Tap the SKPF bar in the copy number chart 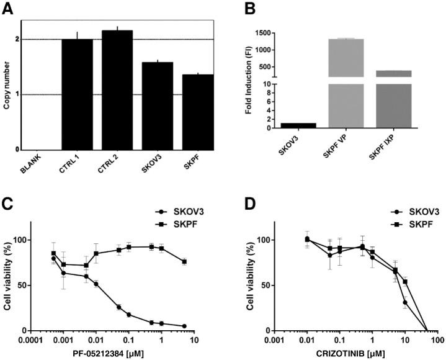tap(198, 112)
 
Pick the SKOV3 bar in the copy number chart tap(158, 106)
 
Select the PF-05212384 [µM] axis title tap(112, 353)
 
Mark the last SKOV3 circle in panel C tap(184, 326)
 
